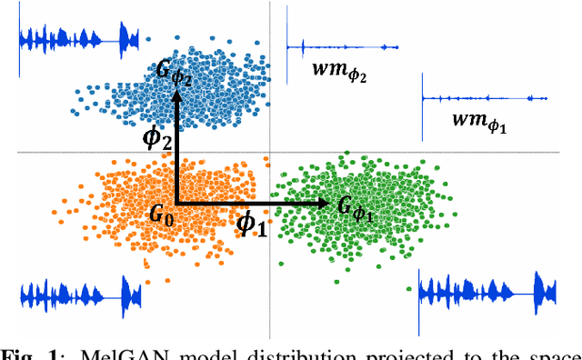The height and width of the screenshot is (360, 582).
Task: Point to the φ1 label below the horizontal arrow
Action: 252,224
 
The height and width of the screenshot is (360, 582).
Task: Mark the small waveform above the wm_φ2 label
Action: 341,45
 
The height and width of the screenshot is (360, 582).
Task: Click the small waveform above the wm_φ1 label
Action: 484,98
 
